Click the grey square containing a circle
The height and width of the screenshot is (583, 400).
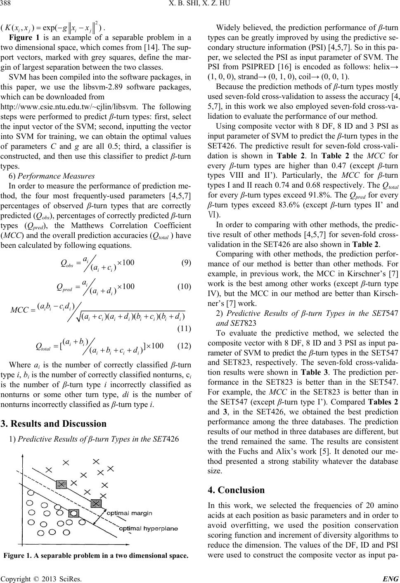click(62, 471)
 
